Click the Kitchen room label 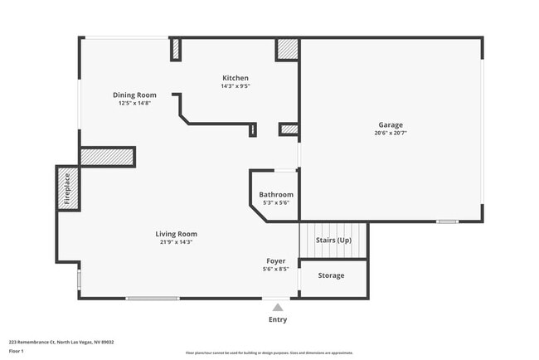[235, 78]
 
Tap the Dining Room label [134, 95]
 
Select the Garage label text [391, 124]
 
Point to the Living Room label [176, 234]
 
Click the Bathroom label [275, 195]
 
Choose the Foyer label [276, 261]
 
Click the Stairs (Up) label [333, 241]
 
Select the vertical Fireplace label [68, 188]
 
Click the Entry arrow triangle [278, 307]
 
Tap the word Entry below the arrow [278, 319]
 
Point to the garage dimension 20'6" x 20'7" [391, 133]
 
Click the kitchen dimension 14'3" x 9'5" [235, 86]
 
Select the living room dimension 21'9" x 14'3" [176, 242]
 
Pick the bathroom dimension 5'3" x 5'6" [275, 203]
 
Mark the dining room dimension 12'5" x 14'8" [134, 104]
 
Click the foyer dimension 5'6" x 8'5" [276, 270]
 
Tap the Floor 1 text [17, 351]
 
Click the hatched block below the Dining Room [107, 157]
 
